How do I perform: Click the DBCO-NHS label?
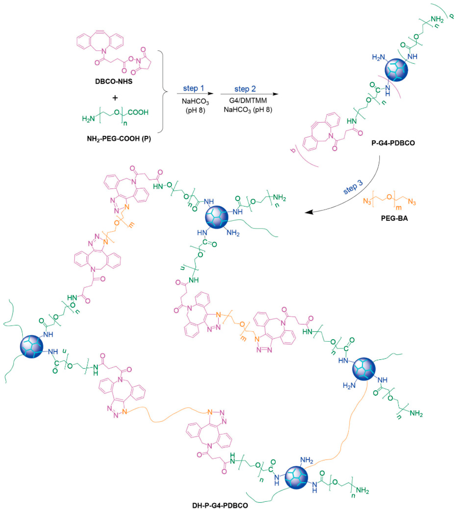pyautogui.click(x=114, y=82)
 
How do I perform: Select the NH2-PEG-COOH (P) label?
pyautogui.click(x=119, y=139)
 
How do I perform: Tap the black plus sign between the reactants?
pyautogui.click(x=115, y=98)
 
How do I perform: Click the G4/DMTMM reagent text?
pyautogui.click(x=248, y=101)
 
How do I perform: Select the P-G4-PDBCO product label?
pyautogui.click(x=393, y=143)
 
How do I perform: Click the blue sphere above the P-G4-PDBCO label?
pyautogui.click(x=397, y=70)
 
